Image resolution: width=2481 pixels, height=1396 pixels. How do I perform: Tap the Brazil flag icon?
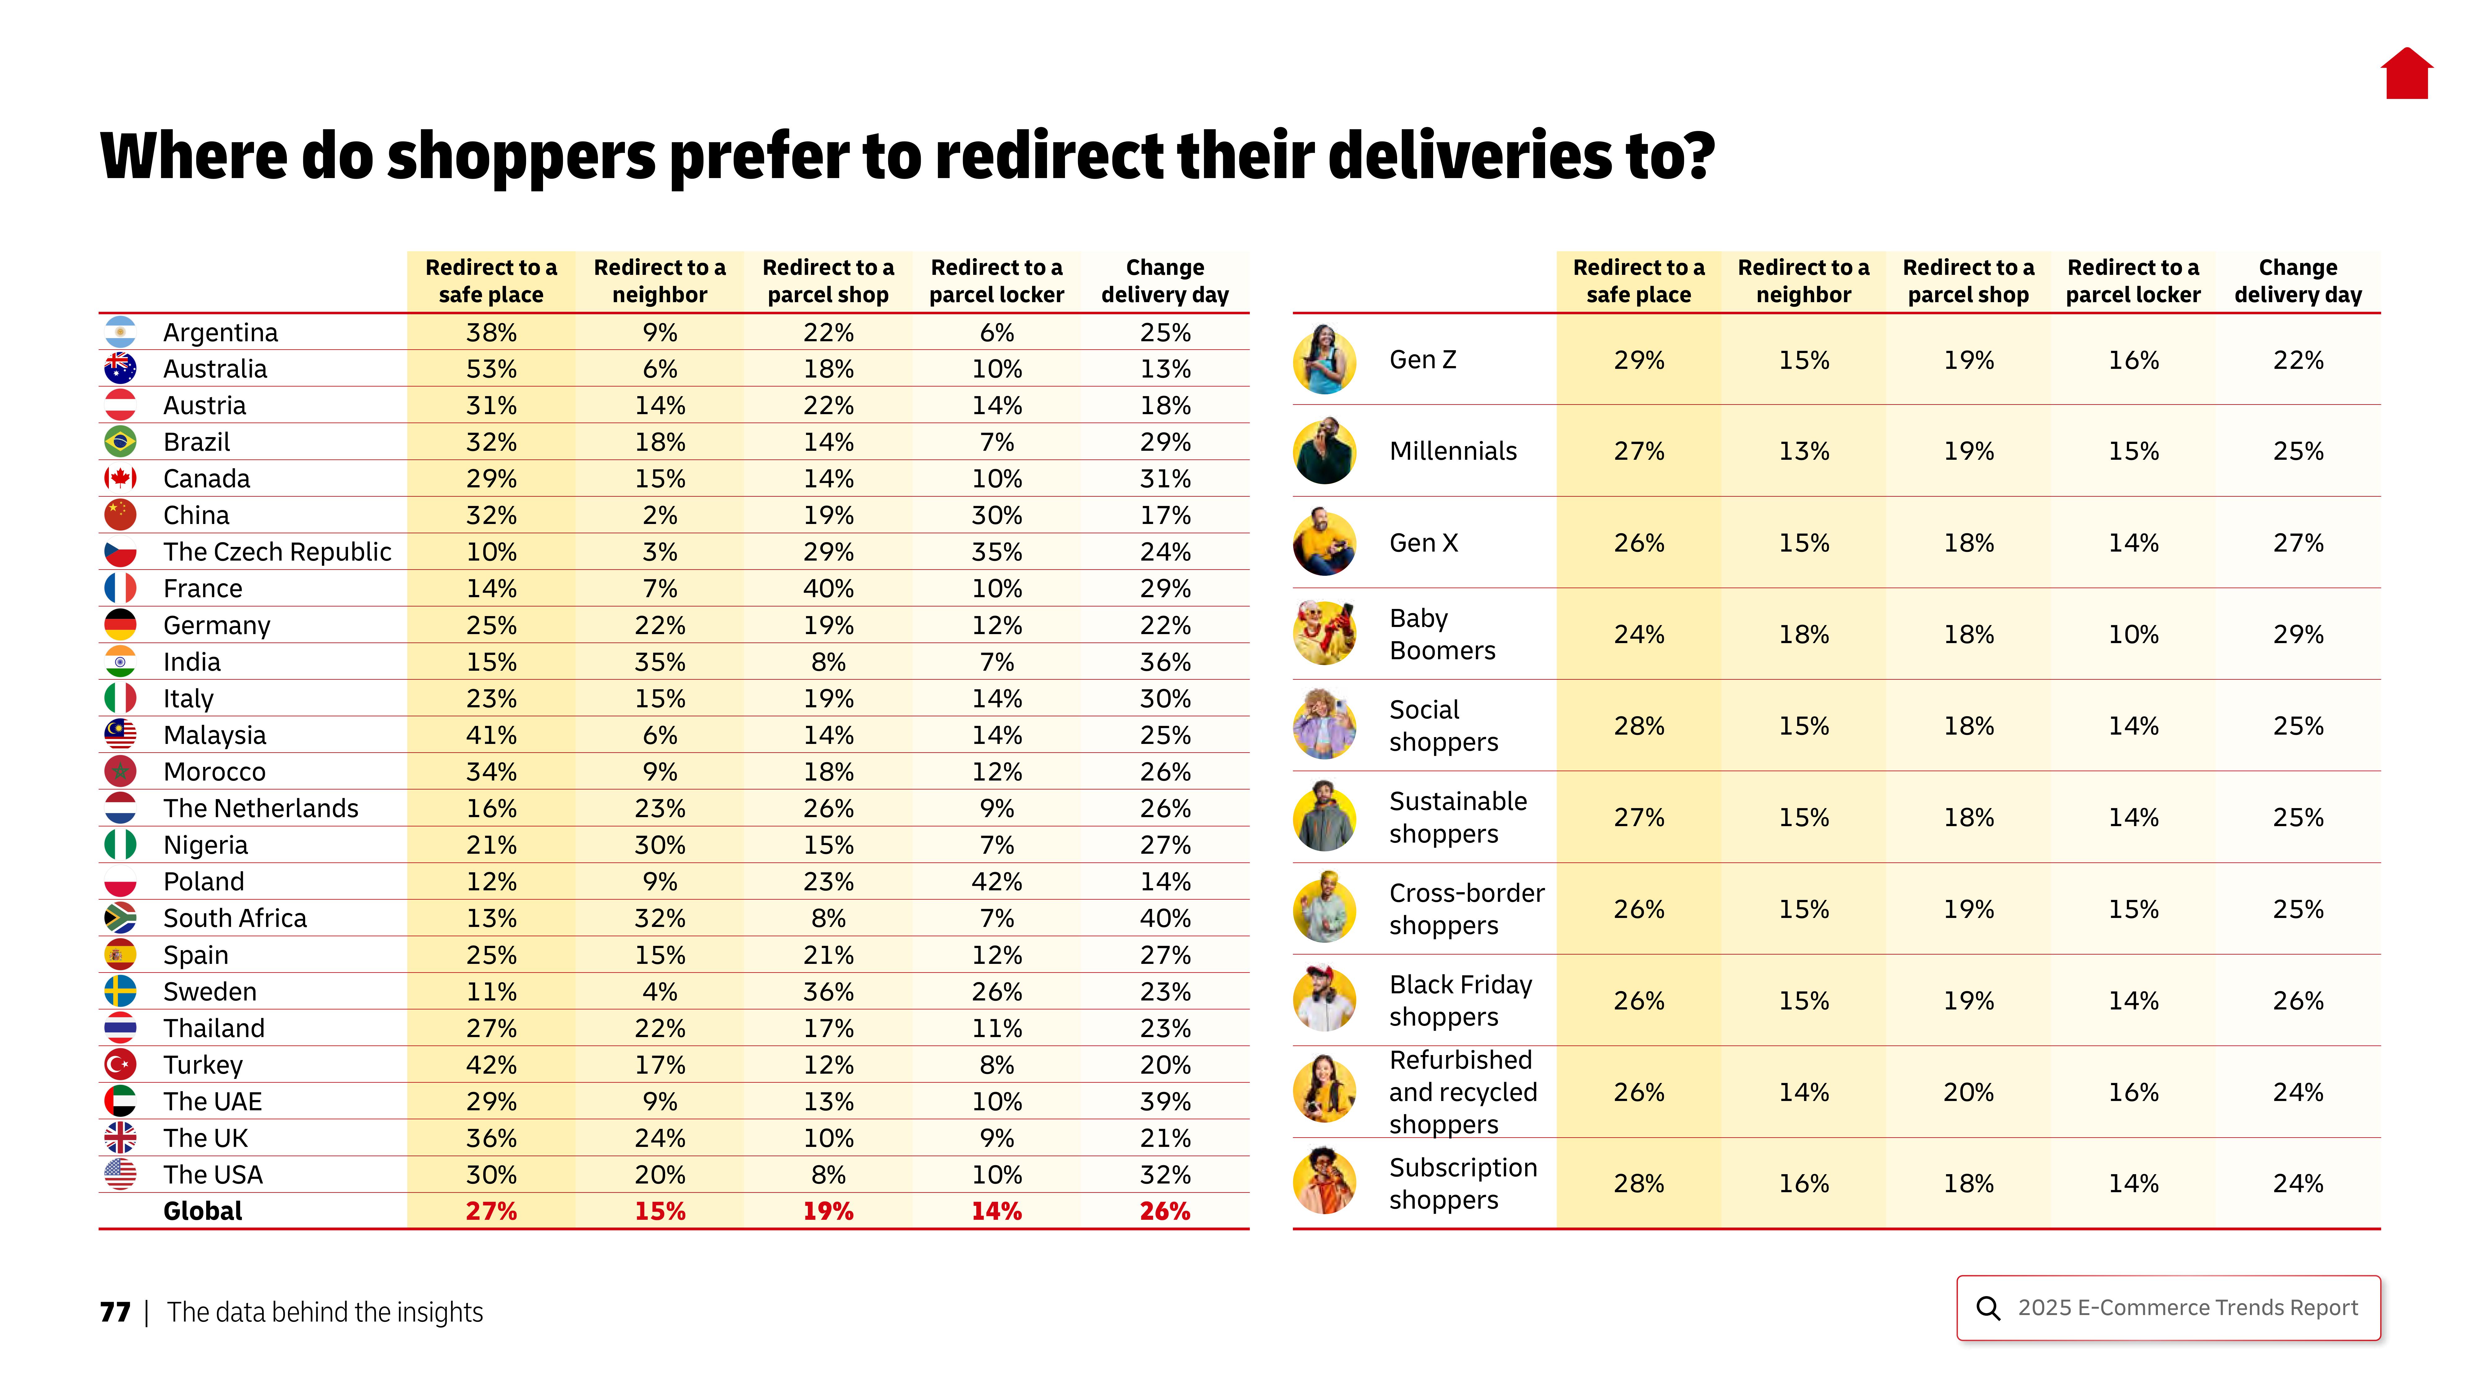(120, 442)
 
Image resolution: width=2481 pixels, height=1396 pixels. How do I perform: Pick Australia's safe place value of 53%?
(491, 369)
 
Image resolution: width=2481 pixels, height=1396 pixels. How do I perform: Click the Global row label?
(202, 1211)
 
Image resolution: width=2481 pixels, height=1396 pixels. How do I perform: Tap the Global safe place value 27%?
(491, 1211)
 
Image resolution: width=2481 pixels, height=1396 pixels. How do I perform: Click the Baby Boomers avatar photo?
(1324, 634)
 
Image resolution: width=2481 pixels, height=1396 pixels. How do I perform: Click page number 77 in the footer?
(115, 1312)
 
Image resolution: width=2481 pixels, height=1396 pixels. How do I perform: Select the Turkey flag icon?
(120, 1065)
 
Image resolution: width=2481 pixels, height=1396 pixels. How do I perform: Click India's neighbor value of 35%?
(660, 662)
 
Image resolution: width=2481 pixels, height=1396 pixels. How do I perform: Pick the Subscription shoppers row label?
(1462, 1183)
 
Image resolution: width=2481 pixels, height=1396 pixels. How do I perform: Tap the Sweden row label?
(210, 991)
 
